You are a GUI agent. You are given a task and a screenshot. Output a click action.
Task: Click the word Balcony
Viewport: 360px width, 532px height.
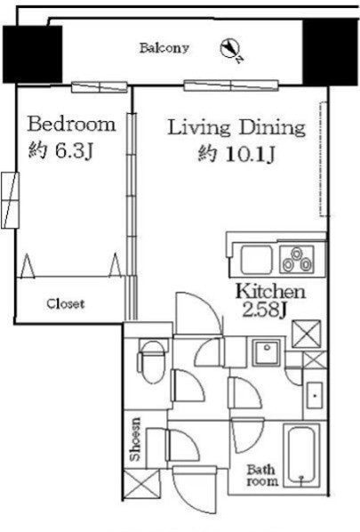(164, 48)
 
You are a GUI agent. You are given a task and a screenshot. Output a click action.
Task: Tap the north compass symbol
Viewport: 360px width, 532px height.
(231, 50)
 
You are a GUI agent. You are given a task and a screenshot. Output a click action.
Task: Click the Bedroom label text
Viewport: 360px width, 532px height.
(71, 125)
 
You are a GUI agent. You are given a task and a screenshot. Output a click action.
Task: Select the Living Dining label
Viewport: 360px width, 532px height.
(236, 127)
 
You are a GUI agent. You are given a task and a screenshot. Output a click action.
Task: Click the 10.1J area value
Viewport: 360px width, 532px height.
(250, 155)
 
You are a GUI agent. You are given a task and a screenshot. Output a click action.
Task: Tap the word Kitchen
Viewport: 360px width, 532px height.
(270, 292)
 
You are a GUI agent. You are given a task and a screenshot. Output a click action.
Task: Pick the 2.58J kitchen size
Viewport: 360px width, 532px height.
(265, 310)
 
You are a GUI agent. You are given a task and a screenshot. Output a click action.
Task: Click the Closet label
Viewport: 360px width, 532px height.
(66, 303)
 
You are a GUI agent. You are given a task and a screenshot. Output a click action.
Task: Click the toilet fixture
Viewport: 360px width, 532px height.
(152, 362)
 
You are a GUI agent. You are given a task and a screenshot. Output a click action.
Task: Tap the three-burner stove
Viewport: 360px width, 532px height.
(297, 260)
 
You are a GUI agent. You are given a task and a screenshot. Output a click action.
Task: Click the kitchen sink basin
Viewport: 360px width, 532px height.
(257, 260)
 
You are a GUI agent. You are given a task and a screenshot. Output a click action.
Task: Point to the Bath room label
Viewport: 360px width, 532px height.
(262, 475)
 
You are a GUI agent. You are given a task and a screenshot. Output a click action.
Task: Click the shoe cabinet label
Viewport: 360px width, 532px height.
(135, 439)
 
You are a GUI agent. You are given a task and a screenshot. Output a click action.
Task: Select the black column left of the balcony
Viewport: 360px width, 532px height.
(33, 54)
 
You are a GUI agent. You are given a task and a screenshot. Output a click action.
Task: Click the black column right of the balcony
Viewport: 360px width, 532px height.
(331, 52)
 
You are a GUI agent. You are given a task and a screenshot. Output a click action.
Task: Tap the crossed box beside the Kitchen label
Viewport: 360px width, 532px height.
(306, 334)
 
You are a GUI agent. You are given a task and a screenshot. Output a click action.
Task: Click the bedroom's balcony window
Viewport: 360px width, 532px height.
(100, 87)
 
